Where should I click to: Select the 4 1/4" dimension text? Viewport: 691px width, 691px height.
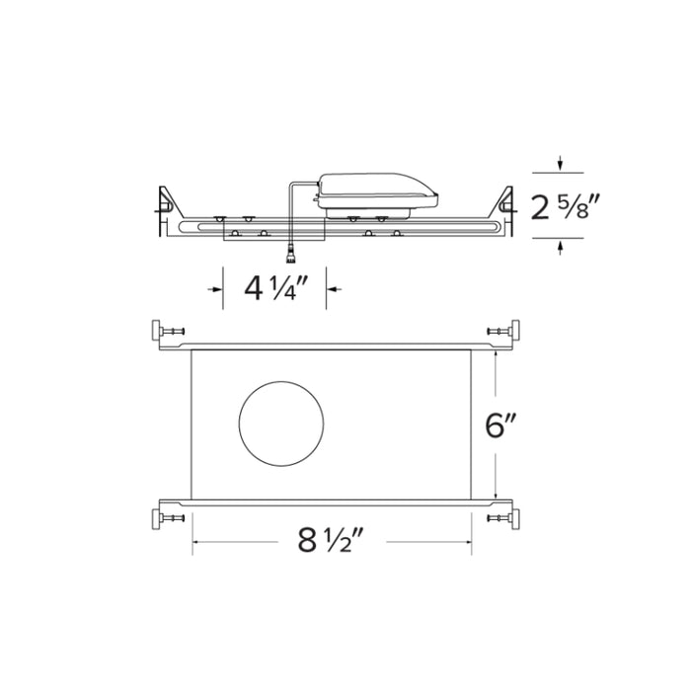click(271, 288)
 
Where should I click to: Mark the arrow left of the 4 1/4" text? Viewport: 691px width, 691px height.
click(214, 288)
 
